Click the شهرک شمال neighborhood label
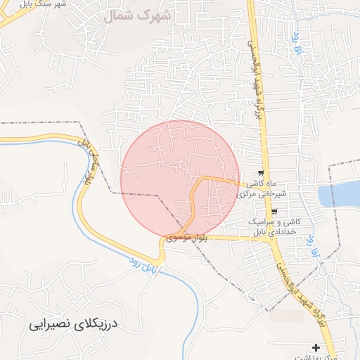click(139, 15)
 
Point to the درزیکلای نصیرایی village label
click(77, 326)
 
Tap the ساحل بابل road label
click(88, 160)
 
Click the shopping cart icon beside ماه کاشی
click(262, 173)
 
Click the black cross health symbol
click(316, 347)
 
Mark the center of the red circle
click(179, 179)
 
